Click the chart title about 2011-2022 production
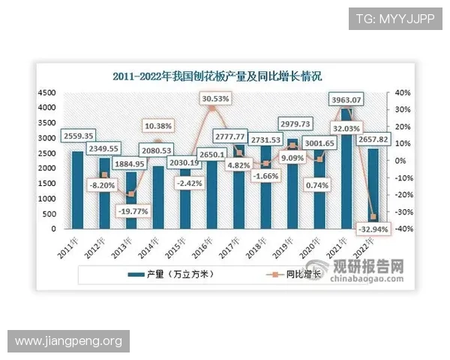(217, 76)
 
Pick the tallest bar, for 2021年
(346, 169)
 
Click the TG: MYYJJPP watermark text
(396, 18)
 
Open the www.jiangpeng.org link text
(68, 341)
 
